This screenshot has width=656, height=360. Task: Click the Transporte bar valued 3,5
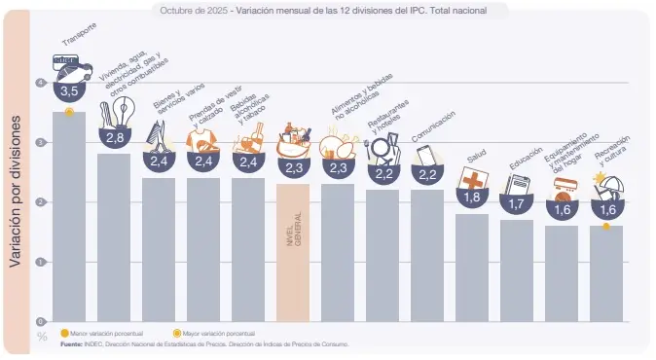point(68,219)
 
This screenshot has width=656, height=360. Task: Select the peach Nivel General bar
point(292,253)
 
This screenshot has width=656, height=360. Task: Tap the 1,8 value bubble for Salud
point(472,198)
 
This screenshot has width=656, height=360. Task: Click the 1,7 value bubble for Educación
point(517,204)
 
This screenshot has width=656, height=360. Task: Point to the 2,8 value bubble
point(114,138)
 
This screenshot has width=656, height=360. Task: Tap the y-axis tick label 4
point(41,84)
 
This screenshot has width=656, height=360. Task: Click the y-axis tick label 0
point(41,321)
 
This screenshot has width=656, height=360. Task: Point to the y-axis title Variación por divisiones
point(17,195)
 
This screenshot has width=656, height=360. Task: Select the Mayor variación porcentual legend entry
point(210,334)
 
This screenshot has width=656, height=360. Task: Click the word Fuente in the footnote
point(71,343)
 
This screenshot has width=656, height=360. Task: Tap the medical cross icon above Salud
point(473,179)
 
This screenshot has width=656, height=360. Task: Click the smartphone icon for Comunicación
point(426,156)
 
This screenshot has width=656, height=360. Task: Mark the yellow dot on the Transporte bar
point(69,112)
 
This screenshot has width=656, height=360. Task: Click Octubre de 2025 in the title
point(188,10)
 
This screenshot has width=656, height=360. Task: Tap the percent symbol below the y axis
point(42,337)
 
